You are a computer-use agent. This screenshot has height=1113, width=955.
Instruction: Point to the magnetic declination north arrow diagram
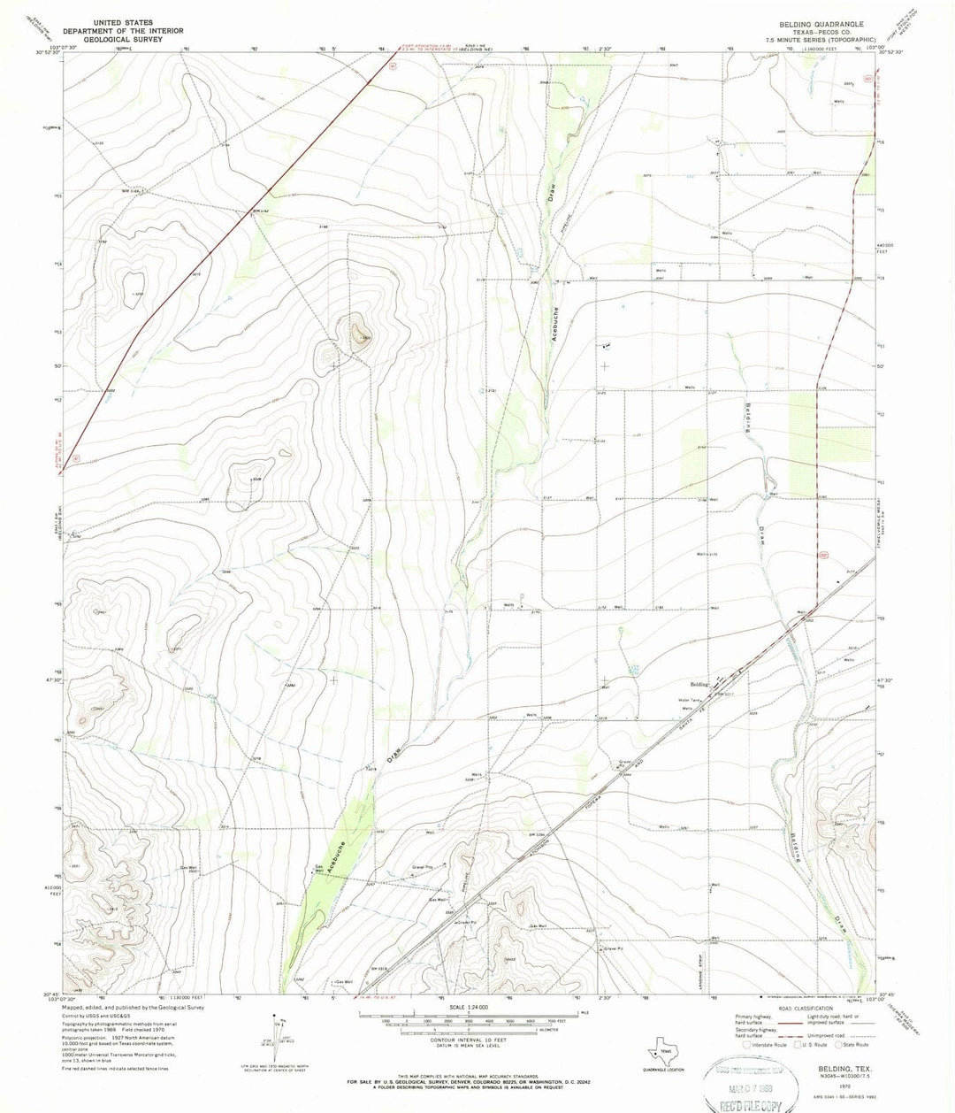click(x=282, y=1028)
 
